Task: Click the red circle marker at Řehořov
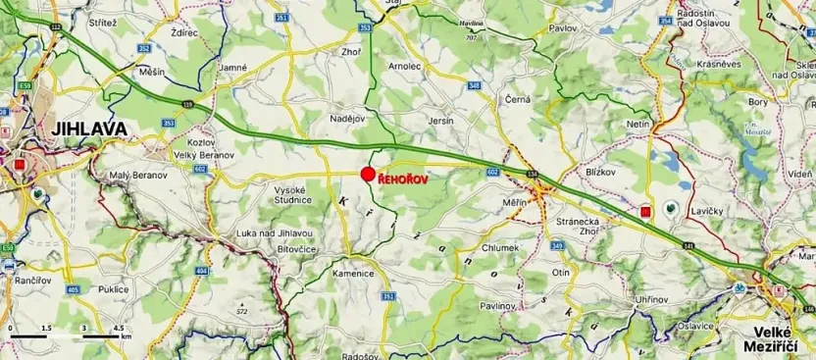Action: (x=368, y=175)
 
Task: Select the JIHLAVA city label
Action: (x=54, y=129)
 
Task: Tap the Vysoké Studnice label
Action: (x=292, y=194)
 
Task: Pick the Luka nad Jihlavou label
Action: (x=275, y=232)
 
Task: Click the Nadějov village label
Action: (x=347, y=119)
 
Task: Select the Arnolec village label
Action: (x=404, y=67)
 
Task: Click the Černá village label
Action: (x=517, y=100)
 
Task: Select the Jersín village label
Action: (x=442, y=121)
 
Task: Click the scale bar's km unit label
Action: (x=125, y=335)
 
